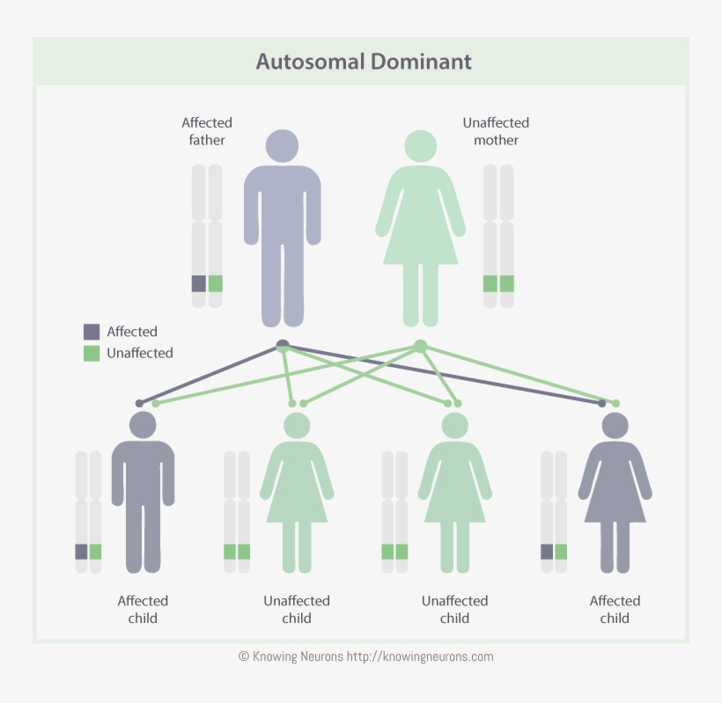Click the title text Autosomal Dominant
[364, 62]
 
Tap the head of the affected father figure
[282, 145]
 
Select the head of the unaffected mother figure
[420, 145]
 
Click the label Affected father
[207, 131]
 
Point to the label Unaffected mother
[496, 131]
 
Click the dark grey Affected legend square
[92, 332]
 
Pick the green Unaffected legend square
[92, 353]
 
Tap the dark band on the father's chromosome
[199, 283]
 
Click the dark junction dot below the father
[282, 344]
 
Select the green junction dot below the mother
[420, 346]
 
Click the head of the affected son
[143, 425]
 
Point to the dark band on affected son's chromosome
[81, 552]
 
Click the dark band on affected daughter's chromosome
[547, 552]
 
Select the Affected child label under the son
[143, 609]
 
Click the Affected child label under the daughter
[615, 609]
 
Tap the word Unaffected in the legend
[140, 353]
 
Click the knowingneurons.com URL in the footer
[420, 656]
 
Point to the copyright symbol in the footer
[244, 656]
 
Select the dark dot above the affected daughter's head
[602, 403]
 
